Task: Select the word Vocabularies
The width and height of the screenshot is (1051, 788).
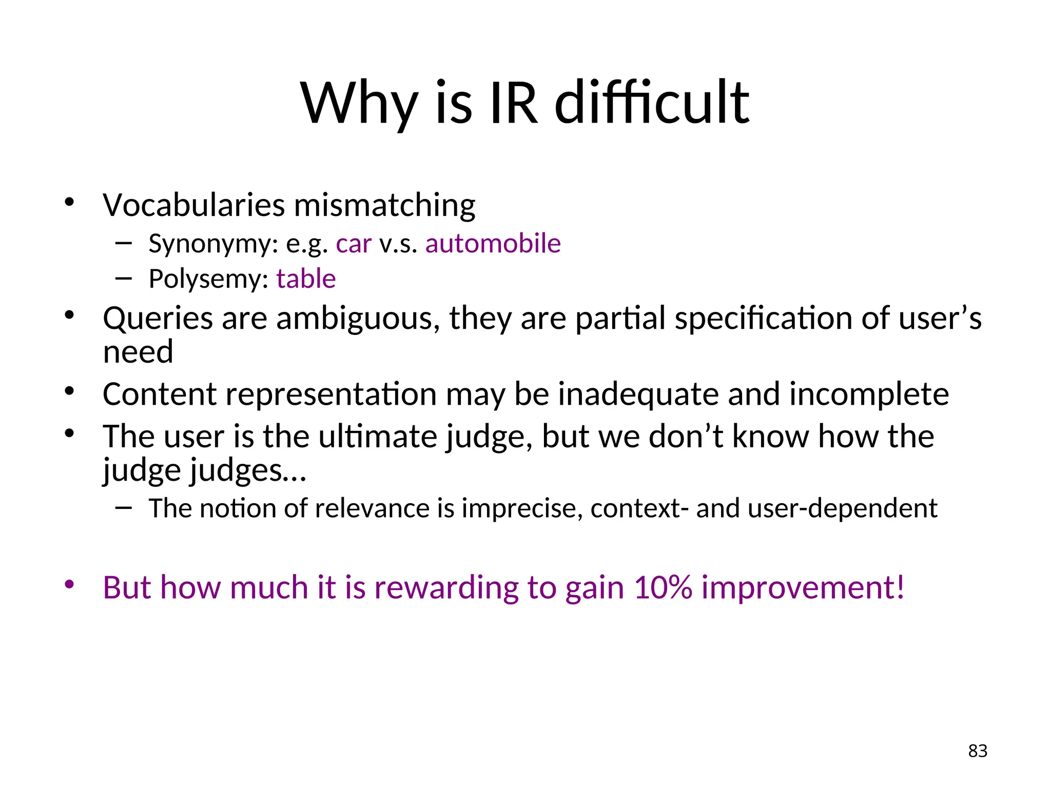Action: click(193, 205)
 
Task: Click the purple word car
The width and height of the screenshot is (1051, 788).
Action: click(353, 244)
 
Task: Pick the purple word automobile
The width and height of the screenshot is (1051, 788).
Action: click(493, 244)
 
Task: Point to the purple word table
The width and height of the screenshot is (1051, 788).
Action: click(306, 279)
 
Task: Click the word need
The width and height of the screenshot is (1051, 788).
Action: click(138, 352)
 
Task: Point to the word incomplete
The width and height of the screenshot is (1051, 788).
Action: click(869, 395)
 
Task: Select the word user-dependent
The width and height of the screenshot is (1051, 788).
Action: click(842, 509)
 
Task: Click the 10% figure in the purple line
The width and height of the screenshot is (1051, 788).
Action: click(663, 588)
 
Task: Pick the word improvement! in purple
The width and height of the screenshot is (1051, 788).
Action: click(802, 588)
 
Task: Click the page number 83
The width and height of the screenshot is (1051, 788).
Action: click(978, 751)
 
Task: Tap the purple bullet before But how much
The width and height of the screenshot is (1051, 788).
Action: click(70, 584)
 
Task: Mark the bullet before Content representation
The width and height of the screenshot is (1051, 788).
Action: click(70, 391)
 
